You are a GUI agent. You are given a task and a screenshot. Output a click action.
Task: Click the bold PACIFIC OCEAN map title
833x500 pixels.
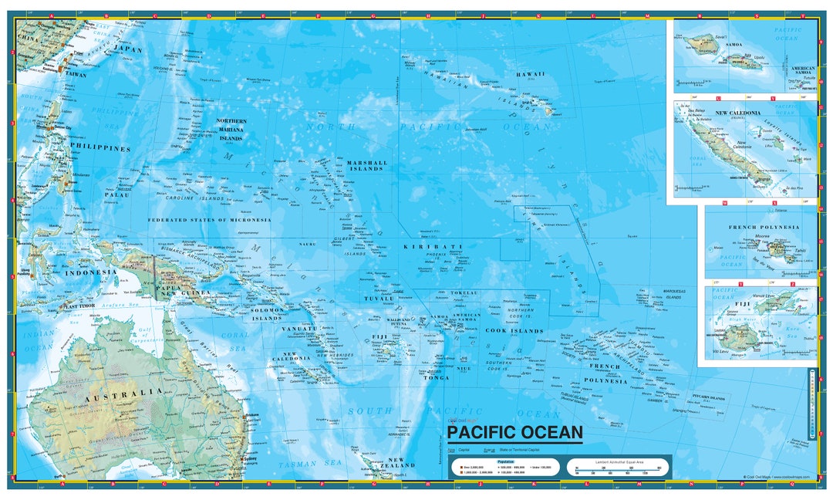[x=514, y=432]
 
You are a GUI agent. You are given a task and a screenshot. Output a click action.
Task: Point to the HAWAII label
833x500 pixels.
[x=531, y=74]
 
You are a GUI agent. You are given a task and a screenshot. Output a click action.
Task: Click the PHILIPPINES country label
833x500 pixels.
[x=101, y=147]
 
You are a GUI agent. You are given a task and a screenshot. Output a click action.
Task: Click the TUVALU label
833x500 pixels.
[x=379, y=298]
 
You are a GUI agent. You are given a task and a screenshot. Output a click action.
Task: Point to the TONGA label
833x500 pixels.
[x=436, y=377]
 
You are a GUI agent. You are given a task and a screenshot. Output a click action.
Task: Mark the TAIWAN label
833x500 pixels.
[x=76, y=75]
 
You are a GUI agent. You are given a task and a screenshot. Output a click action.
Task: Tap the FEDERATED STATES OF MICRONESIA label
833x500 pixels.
[x=209, y=220]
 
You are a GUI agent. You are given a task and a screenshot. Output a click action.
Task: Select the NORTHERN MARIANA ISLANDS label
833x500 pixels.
[x=231, y=130]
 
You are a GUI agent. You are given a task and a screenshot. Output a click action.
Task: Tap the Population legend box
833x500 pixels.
[x=505, y=468]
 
